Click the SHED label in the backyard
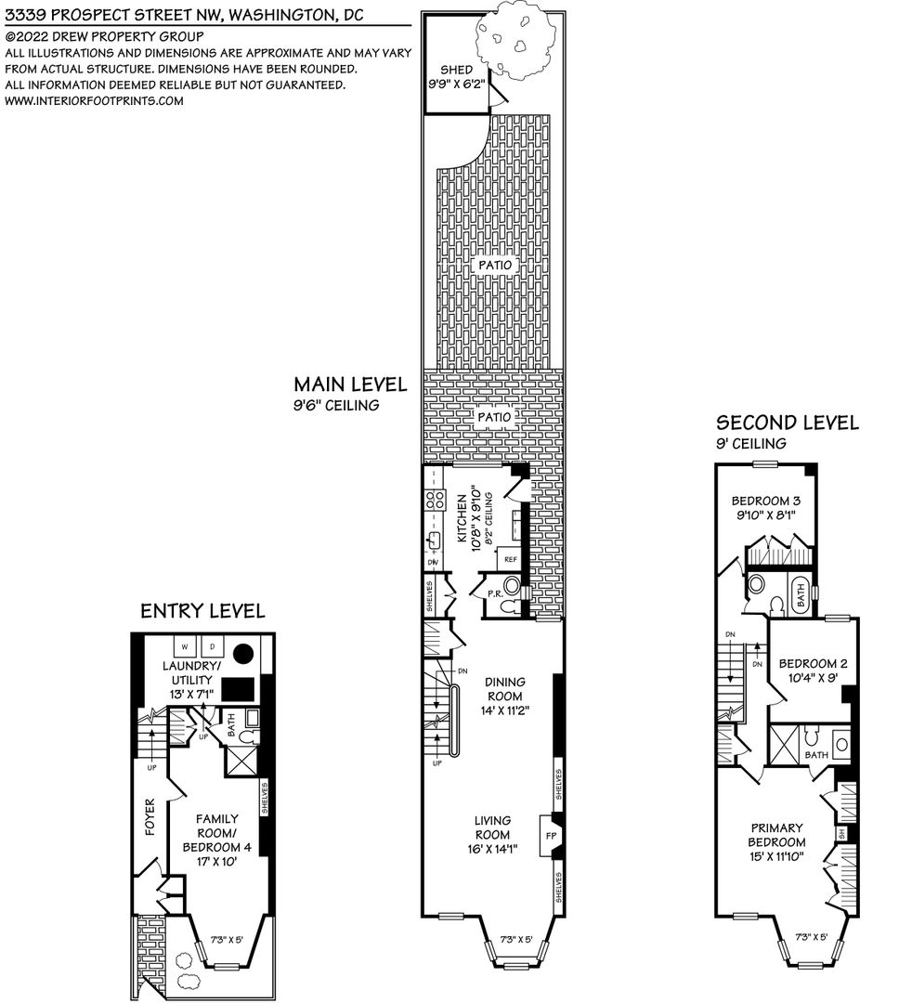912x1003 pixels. [456, 70]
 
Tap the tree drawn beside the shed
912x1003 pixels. [515, 40]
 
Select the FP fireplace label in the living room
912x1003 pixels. [551, 836]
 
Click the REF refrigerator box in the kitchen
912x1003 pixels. [510, 558]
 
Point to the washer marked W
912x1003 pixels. [185, 646]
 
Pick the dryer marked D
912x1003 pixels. [213, 646]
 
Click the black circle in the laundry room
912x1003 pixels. [243, 653]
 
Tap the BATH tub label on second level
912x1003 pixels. [801, 596]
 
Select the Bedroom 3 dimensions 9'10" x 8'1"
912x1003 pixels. [765, 515]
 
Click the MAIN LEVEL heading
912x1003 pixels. [350, 384]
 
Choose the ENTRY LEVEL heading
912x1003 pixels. [202, 611]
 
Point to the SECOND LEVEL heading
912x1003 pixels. [788, 423]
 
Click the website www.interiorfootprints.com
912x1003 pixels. [94, 100]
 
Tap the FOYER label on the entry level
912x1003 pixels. [150, 817]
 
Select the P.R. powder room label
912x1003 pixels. [495, 593]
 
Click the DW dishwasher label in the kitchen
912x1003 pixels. [433, 562]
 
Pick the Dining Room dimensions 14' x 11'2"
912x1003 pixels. [504, 710]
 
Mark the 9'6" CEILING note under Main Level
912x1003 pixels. [336, 405]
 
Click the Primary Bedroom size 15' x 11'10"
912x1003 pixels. [776, 856]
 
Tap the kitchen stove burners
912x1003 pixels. [435, 499]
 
